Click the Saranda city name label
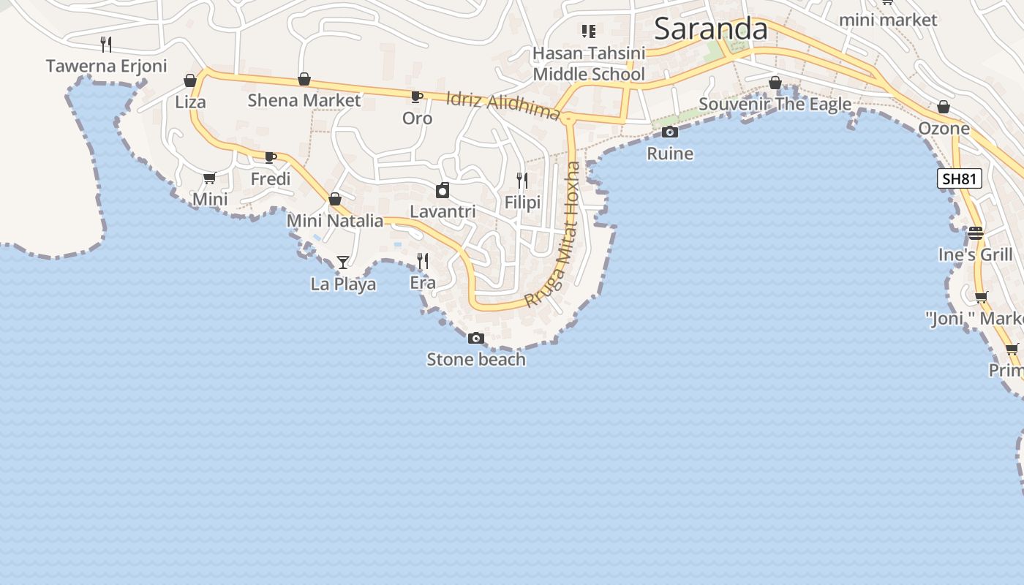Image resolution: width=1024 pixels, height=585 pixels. coord(710,29)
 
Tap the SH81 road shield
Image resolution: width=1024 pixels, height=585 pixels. coord(959,178)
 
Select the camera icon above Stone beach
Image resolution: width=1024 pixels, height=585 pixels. coord(475,338)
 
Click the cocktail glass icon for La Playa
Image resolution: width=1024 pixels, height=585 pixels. coord(342,262)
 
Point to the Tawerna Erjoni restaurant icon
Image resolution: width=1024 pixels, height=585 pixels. coord(106,44)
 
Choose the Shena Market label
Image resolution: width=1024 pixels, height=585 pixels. coord(304,100)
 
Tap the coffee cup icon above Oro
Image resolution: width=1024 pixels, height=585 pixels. coord(416,97)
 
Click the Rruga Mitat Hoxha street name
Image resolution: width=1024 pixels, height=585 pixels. coord(553,234)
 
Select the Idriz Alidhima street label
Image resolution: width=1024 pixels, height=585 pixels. coord(502,105)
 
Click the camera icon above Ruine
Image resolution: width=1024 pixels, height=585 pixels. coord(669,132)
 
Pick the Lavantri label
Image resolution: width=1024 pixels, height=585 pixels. coord(443,211)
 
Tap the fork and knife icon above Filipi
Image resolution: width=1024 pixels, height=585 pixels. coord(522,180)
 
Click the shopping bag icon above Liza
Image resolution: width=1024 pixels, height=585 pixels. coord(190,80)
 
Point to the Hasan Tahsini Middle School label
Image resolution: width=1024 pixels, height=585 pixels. coord(589,64)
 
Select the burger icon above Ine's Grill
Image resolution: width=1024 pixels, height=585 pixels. coord(976,233)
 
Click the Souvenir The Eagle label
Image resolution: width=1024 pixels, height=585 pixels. coord(775,104)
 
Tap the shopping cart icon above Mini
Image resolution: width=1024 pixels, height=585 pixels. coord(209,178)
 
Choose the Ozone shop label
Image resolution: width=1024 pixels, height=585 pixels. coord(944,129)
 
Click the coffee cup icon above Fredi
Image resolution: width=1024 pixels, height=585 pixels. coord(270,157)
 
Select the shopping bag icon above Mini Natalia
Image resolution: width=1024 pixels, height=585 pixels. coord(335,199)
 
